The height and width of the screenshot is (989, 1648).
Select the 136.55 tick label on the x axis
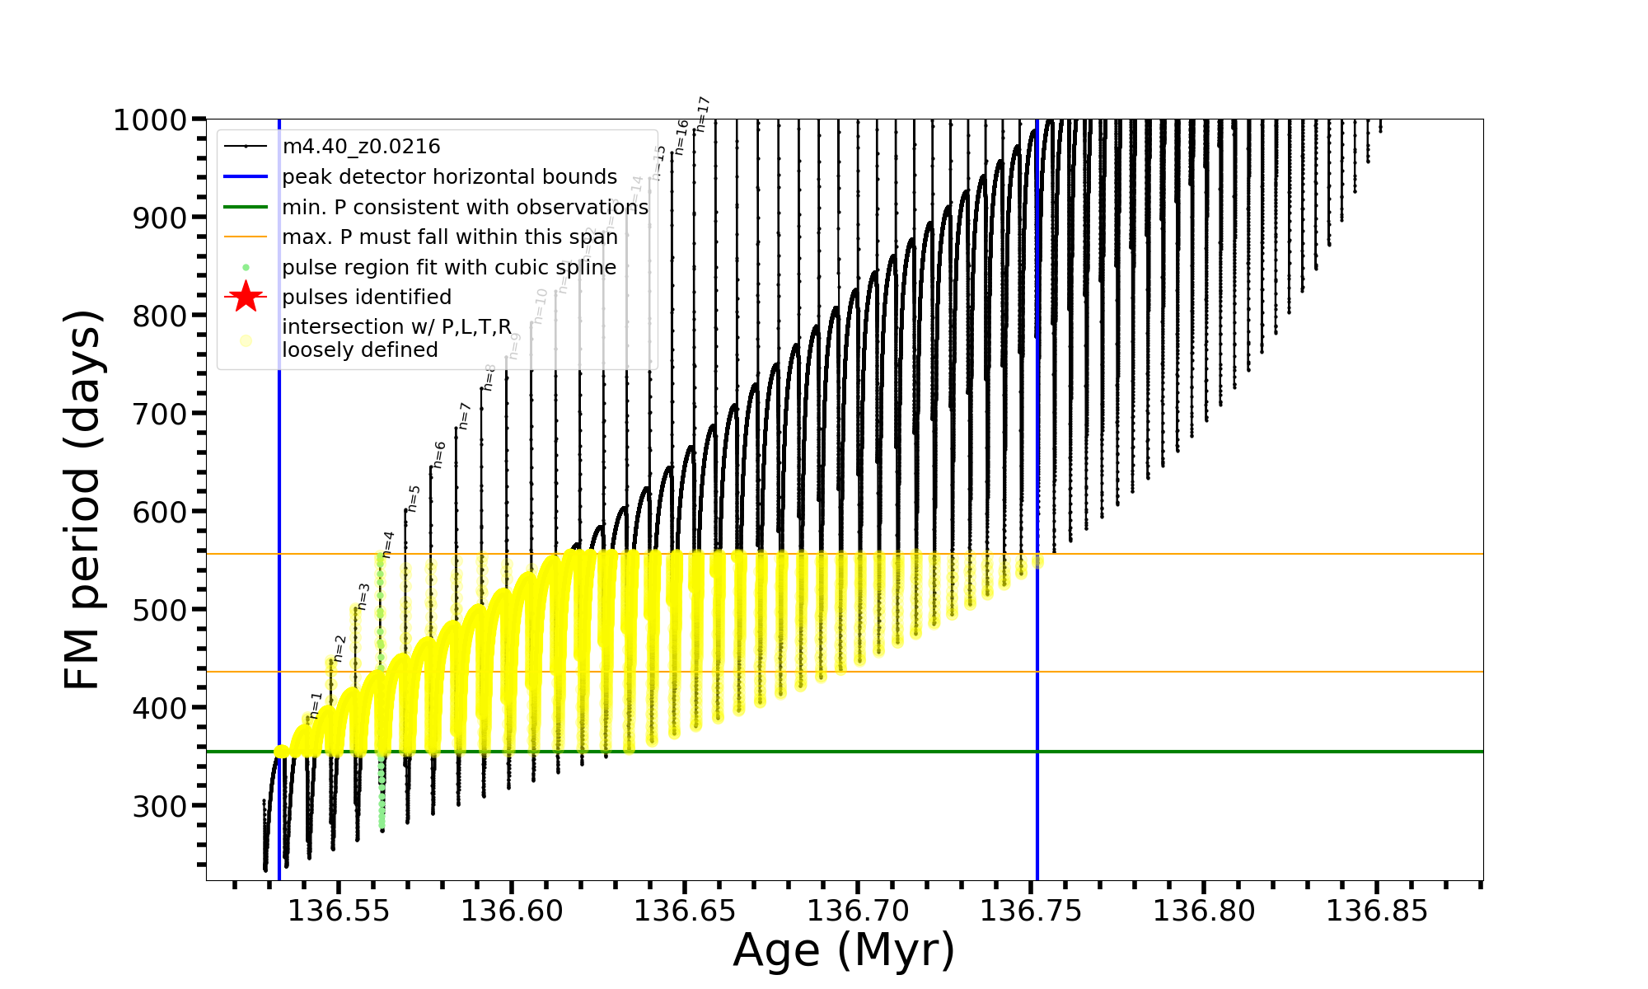[339, 911]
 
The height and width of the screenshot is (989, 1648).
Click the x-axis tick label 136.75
[1031, 911]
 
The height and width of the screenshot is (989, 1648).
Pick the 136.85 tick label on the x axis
[1377, 911]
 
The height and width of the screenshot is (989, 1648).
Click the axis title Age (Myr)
[844, 950]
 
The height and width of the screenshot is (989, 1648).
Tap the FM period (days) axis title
[82, 499]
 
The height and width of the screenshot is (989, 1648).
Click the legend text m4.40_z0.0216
[361, 147]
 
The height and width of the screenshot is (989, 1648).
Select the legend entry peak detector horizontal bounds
[449, 177]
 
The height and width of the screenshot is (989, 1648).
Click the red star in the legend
[246, 297]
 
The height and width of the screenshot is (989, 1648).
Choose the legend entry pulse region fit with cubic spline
[448, 268]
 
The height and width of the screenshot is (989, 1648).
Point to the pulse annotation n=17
[703, 114]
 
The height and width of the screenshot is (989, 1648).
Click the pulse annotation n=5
[414, 498]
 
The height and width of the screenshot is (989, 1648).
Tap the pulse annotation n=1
[316, 705]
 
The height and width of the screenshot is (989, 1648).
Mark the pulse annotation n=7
[464, 415]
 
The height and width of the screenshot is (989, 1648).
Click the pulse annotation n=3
[363, 597]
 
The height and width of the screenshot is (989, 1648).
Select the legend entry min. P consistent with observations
[465, 207]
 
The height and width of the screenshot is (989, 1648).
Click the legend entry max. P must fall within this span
[449, 237]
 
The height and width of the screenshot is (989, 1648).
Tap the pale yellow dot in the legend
[246, 340]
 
